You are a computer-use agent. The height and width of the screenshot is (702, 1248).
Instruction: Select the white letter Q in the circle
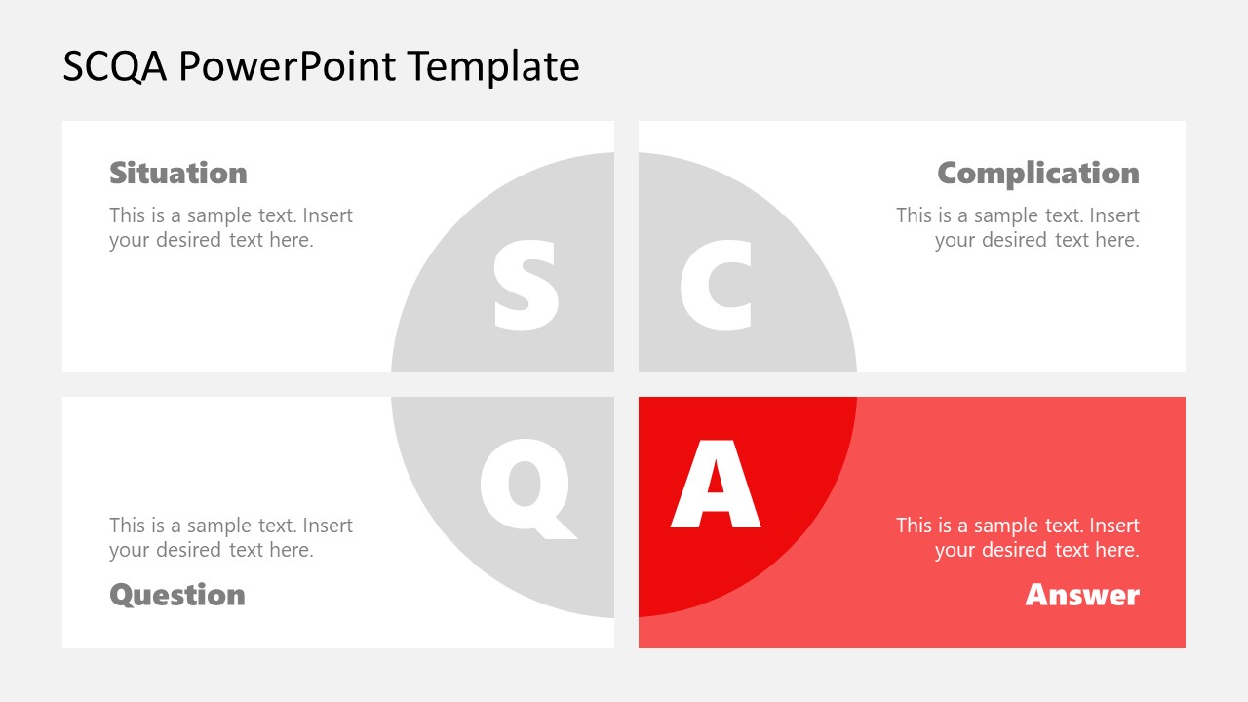526,486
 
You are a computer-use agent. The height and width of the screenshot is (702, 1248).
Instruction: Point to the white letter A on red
716,485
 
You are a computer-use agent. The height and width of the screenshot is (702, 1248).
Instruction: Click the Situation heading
178,173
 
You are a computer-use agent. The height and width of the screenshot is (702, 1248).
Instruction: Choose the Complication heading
1037,173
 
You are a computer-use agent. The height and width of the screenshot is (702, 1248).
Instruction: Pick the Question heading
177,595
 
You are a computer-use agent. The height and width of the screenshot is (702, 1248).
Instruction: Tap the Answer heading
1081,595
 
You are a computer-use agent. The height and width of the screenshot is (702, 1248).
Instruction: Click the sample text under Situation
231,227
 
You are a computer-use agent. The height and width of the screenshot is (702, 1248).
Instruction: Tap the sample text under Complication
1018,227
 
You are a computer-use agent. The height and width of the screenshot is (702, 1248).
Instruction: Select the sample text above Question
231,537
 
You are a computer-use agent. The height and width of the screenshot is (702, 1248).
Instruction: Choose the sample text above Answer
1018,537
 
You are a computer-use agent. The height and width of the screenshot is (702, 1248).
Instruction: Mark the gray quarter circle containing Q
458,546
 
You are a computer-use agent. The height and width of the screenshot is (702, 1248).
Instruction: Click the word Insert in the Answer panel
1114,526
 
